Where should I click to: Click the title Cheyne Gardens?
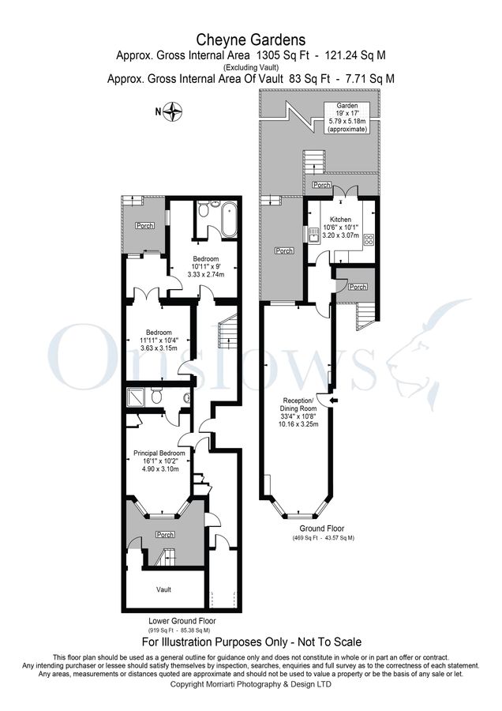pos(250,39)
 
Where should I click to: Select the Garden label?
pos(347,105)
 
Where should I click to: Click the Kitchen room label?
pos(340,219)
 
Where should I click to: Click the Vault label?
pos(163,589)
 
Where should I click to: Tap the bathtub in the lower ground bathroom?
pos(229,219)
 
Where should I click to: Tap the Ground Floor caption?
pos(321,529)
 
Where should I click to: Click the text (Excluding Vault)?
pos(250,67)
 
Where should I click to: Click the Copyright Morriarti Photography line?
pos(250,684)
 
